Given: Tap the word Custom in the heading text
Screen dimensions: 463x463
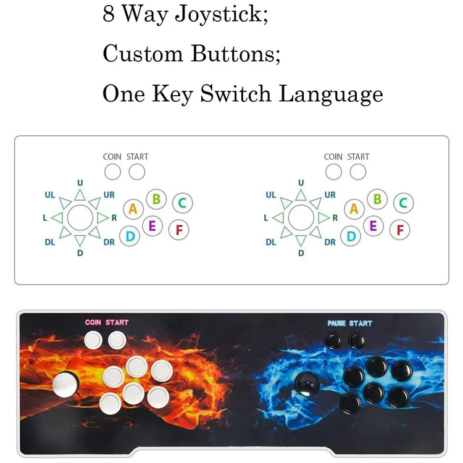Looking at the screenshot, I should pyautogui.click(x=143, y=54).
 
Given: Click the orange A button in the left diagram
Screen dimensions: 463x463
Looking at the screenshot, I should pyautogui.click(x=133, y=209).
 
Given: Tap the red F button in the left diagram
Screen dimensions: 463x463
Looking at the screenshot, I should pyautogui.click(x=179, y=230).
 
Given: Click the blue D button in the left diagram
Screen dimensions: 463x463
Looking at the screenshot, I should pyautogui.click(x=130, y=235).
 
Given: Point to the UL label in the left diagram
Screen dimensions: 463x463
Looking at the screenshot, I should pyautogui.click(x=50, y=195).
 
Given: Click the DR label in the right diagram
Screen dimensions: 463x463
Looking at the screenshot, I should pyautogui.click(x=330, y=242).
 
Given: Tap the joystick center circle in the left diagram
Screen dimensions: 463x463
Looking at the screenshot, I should pyautogui.click(x=79, y=217).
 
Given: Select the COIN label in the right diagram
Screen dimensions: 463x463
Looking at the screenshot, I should pyautogui.click(x=333, y=157).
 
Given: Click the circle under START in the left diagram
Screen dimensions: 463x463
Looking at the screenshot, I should pyautogui.click(x=137, y=172).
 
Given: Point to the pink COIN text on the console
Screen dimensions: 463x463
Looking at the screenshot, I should pyautogui.click(x=93, y=322).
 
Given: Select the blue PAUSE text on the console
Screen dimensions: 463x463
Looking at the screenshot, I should pyautogui.click(x=336, y=323).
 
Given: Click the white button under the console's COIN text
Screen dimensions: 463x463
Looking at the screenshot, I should pyautogui.click(x=93, y=339).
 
